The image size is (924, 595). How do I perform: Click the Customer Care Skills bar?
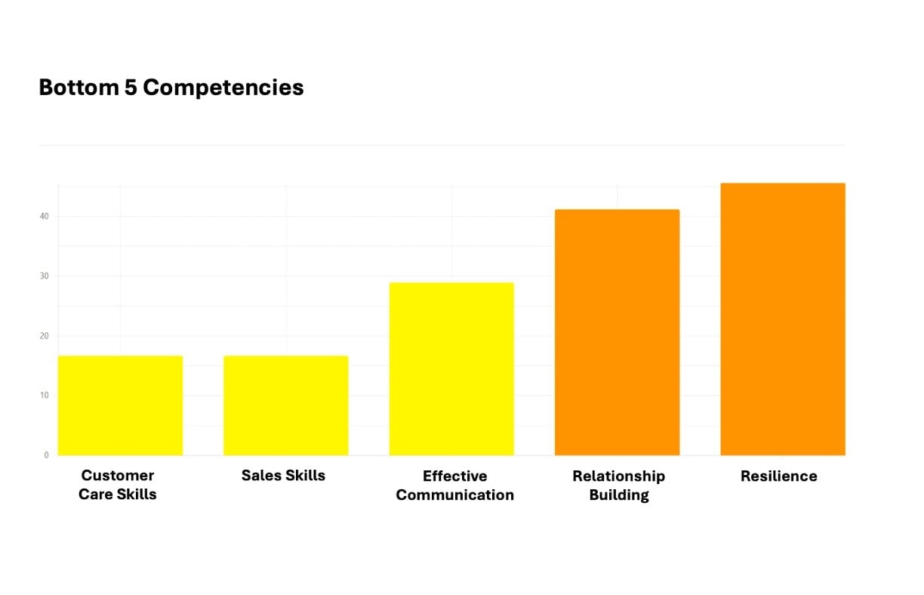120,405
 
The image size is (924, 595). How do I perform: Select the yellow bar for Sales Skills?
285,405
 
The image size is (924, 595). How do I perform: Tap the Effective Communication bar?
451,369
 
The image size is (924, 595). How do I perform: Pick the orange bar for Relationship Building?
617,332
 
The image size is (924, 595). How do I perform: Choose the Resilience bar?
783,319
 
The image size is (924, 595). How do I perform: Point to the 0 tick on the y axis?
46,455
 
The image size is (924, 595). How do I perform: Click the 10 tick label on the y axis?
45,396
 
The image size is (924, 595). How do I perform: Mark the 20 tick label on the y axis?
45,336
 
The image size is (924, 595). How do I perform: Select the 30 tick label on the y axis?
45,276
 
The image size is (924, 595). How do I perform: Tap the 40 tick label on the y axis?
45,217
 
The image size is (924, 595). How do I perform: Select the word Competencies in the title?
223,88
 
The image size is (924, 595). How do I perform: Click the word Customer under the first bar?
118,476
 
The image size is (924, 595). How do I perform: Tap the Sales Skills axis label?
283,476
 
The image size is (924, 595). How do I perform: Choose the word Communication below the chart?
454,495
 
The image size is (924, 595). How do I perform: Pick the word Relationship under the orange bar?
618,476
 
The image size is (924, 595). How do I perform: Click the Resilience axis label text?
778,476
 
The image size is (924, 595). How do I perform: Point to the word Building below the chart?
619,495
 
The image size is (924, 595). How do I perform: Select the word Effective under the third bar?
454,476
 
